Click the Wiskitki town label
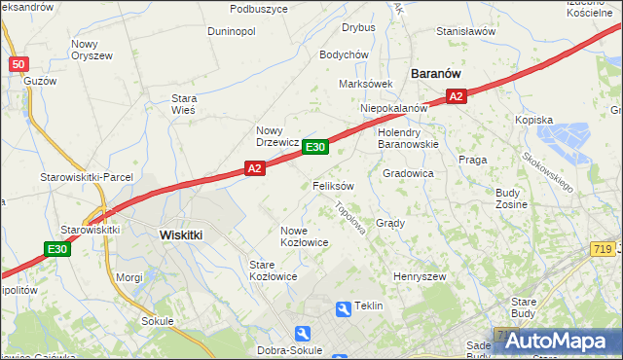pos(180,234)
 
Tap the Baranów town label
pos(435,74)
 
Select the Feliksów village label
pos(333,185)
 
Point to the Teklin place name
pos(370,306)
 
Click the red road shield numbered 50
pos(18,64)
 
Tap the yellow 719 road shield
pos(600,249)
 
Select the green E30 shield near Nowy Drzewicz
pos(314,147)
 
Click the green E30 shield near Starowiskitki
pos(57,249)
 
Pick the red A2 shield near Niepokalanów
pos(457,95)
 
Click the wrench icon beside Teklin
pos(343,308)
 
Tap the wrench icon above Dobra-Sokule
pos(302,333)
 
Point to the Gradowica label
pos(408,173)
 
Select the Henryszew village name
pos(419,277)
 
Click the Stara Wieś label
pos(184,104)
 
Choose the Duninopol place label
pos(231,31)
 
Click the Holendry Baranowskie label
pos(408,138)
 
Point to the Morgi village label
pos(129,277)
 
